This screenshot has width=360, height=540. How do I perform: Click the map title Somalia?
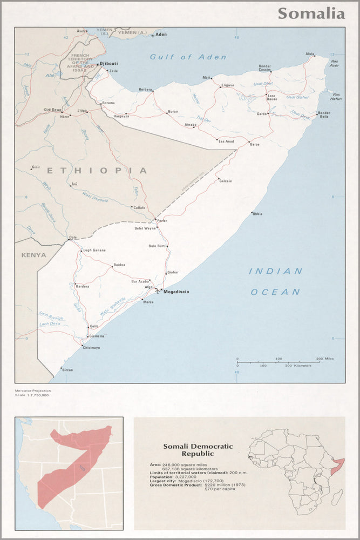point(311,13)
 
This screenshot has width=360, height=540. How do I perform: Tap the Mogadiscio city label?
point(176,292)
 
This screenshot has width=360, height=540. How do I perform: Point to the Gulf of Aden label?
point(188,57)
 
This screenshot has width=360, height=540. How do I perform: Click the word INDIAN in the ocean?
point(275,271)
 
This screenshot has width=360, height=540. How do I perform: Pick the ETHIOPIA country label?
point(96,171)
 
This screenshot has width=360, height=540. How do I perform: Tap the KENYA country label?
point(33,255)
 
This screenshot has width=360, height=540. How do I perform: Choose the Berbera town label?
point(145,89)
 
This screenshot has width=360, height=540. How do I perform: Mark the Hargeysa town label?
point(121,116)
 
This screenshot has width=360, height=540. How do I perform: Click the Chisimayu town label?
point(91,348)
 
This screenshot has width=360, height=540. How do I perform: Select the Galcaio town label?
point(226,181)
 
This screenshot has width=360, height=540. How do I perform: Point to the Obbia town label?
point(257,214)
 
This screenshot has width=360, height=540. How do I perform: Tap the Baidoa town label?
point(119,265)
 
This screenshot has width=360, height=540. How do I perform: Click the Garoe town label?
point(255,145)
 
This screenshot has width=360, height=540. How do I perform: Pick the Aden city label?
point(161,35)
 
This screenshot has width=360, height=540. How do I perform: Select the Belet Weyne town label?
point(145,228)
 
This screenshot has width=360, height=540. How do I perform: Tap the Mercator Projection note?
point(33,390)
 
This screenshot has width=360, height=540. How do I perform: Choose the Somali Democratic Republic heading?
point(198,450)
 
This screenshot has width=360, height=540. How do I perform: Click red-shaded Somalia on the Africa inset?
point(339,463)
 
